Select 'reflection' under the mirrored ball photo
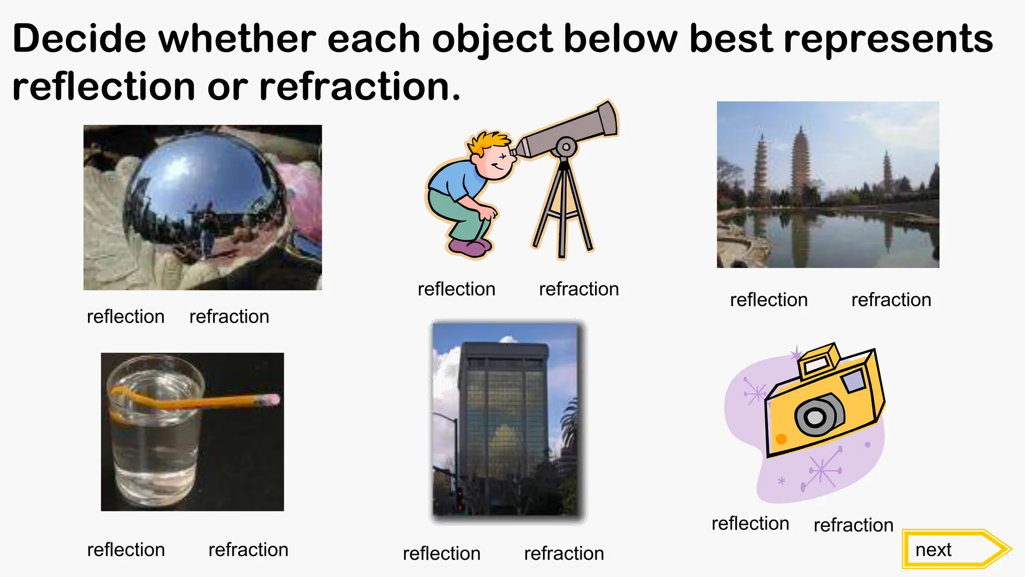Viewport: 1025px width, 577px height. pyautogui.click(x=126, y=317)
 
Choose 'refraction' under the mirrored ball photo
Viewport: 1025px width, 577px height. pyautogui.click(x=229, y=317)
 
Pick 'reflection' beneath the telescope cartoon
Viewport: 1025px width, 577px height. pyautogui.click(x=456, y=289)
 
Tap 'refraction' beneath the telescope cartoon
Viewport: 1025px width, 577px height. pyautogui.click(x=579, y=289)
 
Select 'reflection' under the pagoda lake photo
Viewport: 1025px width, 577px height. pyautogui.click(x=769, y=300)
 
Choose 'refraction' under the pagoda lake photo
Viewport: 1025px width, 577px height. pyautogui.click(x=891, y=300)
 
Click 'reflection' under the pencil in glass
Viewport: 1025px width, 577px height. pyautogui.click(x=126, y=549)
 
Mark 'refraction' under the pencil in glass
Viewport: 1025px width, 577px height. pyautogui.click(x=248, y=549)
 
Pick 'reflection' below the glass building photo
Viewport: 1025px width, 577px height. pyautogui.click(x=441, y=553)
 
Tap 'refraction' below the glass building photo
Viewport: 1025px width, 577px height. pyautogui.click(x=564, y=553)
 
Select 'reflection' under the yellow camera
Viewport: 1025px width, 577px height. pyautogui.click(x=750, y=523)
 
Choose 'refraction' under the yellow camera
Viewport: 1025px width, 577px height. pyautogui.click(x=853, y=525)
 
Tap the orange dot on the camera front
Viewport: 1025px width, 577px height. pyautogui.click(x=781, y=439)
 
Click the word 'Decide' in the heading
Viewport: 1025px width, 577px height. pyautogui.click(x=79, y=39)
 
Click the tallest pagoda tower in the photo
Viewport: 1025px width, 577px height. pyautogui.click(x=800, y=160)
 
